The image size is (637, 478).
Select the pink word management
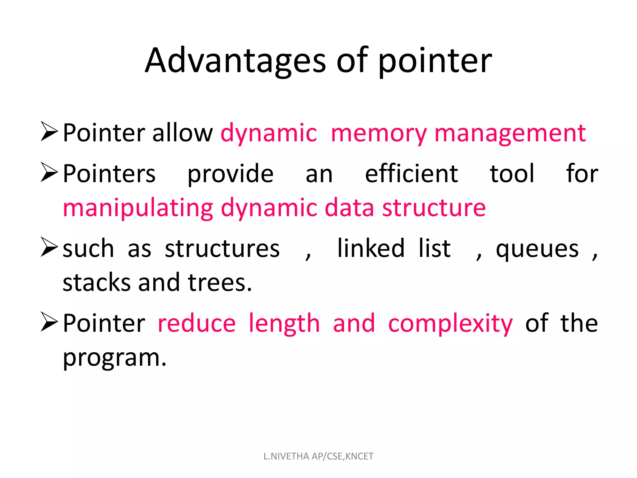(510, 133)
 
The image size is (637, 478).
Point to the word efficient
(411, 174)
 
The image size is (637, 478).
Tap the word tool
(512, 174)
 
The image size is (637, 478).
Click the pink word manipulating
(138, 208)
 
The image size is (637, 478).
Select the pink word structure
(434, 208)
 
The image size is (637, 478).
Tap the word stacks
(96, 283)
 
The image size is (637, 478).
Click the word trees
(220, 283)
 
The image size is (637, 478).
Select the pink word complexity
(450, 324)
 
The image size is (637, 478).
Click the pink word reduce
(197, 324)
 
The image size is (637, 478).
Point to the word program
(114, 358)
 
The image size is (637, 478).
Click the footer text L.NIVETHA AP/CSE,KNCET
(318, 456)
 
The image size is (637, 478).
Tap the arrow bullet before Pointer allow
(49, 132)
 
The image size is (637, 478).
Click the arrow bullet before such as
(49, 247)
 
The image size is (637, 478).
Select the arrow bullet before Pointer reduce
(49, 322)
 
